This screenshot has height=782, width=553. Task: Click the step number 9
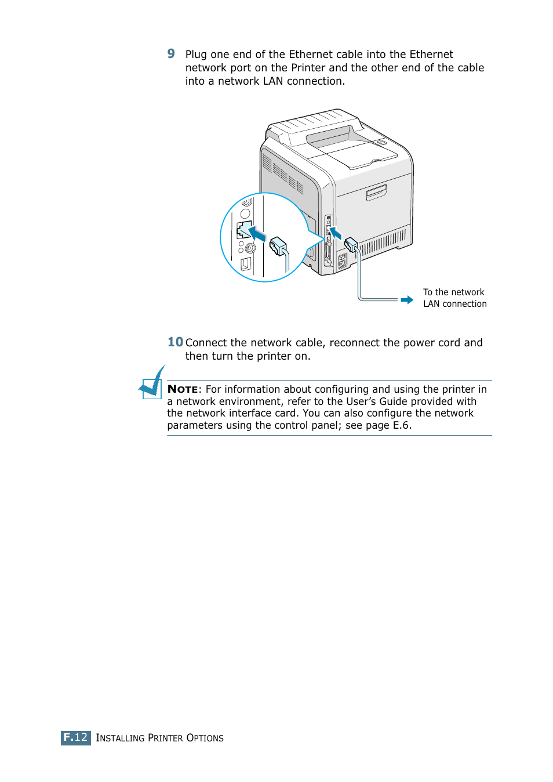(x=171, y=54)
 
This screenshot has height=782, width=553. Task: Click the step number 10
(x=175, y=342)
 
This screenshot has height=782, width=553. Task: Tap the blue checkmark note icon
(x=152, y=383)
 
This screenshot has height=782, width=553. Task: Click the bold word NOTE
(x=183, y=389)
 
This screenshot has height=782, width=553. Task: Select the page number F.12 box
(x=76, y=737)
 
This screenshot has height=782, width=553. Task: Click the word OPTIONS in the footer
(x=205, y=738)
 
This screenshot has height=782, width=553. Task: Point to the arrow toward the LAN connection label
(x=407, y=300)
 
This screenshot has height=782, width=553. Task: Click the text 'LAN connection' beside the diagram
(x=454, y=304)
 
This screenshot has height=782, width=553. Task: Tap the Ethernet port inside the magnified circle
(x=243, y=230)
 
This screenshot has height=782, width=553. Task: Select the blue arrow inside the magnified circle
(x=257, y=234)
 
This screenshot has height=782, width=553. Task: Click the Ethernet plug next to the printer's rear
(x=351, y=245)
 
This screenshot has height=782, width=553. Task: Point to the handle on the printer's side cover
(x=376, y=192)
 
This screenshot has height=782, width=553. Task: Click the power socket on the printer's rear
(x=342, y=260)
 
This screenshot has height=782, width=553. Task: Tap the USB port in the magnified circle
(x=246, y=264)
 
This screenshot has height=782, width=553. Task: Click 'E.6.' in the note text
(x=402, y=425)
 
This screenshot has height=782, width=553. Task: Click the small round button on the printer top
(x=381, y=142)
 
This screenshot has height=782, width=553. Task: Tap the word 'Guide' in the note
(x=392, y=401)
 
